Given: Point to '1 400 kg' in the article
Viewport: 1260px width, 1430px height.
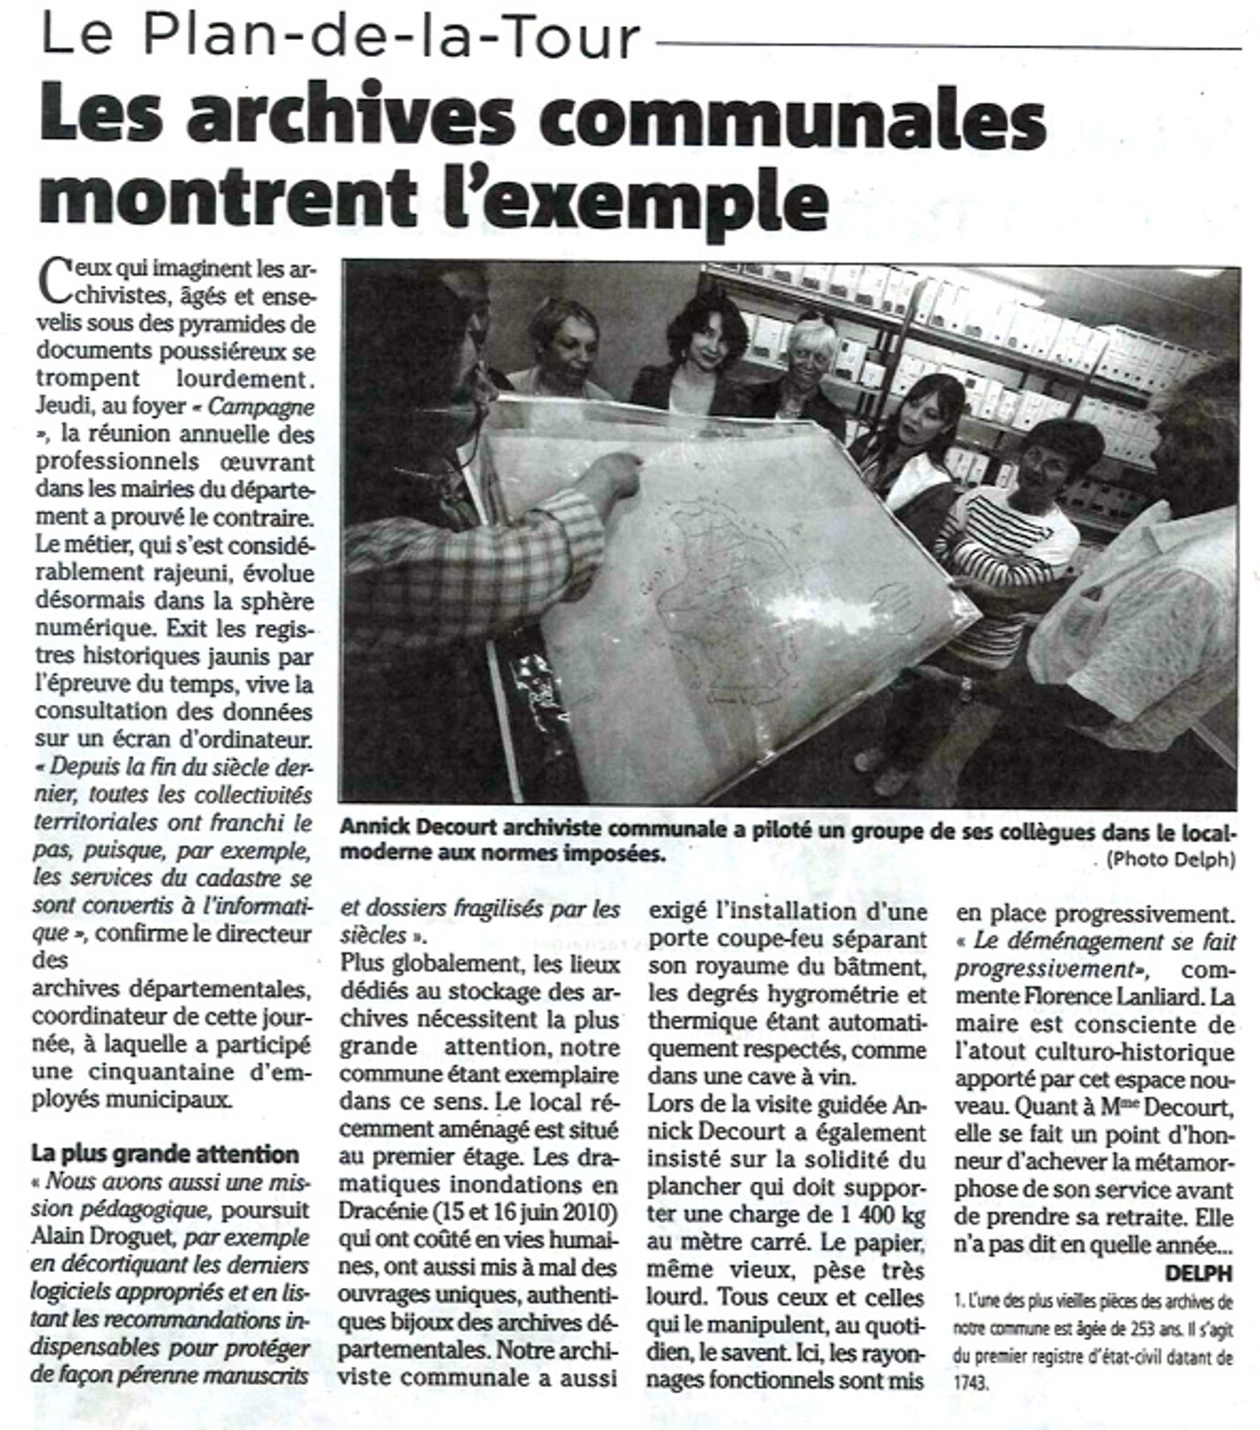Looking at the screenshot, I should click(x=866, y=1214).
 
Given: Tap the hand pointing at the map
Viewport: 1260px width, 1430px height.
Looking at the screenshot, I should click(x=611, y=475).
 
